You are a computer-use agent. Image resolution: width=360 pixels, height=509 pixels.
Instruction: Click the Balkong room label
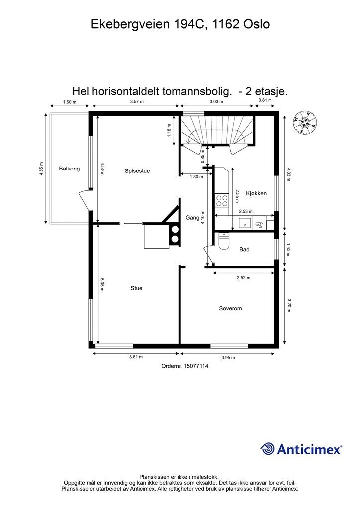(69, 169)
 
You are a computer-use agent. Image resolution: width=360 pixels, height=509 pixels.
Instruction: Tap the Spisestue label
(137, 171)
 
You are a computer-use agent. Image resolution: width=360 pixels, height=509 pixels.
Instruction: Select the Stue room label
(136, 288)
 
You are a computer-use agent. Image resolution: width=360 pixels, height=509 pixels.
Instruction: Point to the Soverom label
(230, 309)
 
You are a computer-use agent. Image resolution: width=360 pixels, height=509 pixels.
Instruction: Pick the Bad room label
(244, 250)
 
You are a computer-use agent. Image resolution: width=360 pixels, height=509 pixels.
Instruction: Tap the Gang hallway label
(192, 218)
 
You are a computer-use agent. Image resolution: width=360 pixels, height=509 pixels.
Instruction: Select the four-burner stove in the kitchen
(221, 200)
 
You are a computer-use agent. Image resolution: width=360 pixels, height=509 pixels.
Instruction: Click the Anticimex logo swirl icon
(268, 449)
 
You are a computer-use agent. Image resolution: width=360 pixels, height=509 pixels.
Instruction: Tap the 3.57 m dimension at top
(137, 102)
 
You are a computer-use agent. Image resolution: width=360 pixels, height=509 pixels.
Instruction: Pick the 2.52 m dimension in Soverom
(244, 278)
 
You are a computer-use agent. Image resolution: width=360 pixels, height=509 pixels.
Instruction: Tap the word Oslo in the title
(256, 24)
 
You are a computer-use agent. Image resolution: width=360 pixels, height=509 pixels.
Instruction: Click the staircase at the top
(216, 130)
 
